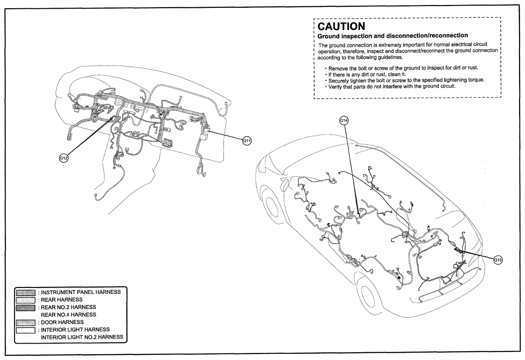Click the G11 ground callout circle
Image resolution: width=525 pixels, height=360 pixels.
[x=247, y=141]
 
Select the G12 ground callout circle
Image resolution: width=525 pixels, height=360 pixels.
[x=63, y=158]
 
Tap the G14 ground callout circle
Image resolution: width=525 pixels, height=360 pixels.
[x=344, y=120]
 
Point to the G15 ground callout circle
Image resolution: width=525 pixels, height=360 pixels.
[x=498, y=260]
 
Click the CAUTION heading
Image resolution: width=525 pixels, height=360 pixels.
[x=341, y=26]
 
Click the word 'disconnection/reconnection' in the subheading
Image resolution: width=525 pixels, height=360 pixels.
[x=427, y=36]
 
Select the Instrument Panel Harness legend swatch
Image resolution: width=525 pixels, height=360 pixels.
[x=26, y=293]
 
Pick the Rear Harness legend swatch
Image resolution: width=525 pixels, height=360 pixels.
[x=26, y=300]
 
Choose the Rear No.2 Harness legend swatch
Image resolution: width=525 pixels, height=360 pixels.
[x=26, y=308]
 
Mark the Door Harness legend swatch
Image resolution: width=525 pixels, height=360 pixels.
[x=26, y=323]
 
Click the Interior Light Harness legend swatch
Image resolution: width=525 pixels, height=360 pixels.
[x=26, y=330]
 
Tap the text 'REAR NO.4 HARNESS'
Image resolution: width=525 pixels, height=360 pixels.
[x=68, y=315]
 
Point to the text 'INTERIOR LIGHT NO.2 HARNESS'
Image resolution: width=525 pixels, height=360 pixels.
[x=82, y=337]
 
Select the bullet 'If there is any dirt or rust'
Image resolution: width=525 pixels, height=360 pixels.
[x=365, y=74]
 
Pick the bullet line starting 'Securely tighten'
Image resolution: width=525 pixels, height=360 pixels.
[x=405, y=80]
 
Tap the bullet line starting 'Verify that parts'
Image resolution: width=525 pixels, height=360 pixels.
[x=390, y=86]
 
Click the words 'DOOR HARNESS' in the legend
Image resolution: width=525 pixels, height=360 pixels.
[x=62, y=323]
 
